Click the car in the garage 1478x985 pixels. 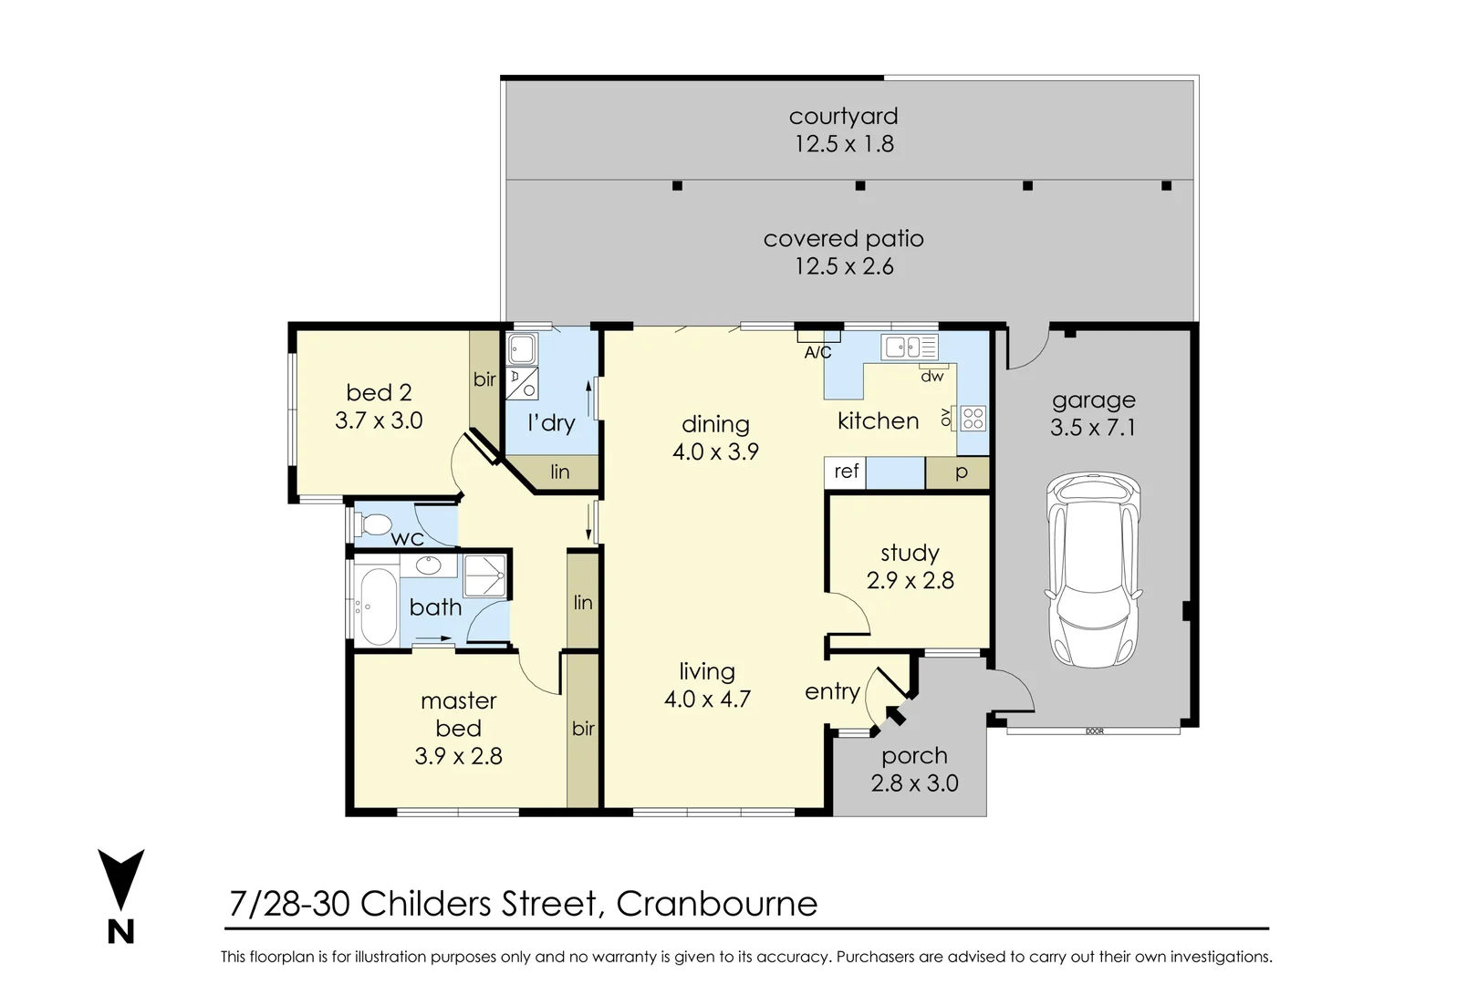1094,569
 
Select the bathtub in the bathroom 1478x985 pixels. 378,607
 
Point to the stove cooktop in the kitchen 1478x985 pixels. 973,419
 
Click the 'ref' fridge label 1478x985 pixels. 846,471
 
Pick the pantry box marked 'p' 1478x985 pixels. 957,473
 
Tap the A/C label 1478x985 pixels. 817,353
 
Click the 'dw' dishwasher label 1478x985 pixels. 932,376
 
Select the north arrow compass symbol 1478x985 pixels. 120,896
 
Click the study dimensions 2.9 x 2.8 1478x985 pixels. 910,581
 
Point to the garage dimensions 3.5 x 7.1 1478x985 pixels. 1093,428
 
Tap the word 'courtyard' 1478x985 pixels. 843,117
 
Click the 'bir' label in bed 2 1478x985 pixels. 484,379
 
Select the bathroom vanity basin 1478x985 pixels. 428,565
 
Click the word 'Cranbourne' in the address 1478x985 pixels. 716,904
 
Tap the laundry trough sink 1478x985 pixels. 522,348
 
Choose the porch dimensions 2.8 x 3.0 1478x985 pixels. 914,783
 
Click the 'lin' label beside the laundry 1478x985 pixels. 559,472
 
